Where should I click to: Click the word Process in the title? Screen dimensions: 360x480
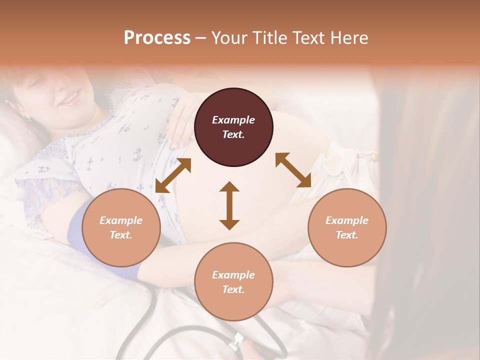tap(157, 38)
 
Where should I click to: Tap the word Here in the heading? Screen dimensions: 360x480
tap(348, 38)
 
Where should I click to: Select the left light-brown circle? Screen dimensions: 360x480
tap(121, 245)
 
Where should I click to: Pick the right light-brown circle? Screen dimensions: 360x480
tap(347, 245)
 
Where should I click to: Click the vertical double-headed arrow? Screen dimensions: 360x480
tap(229, 205)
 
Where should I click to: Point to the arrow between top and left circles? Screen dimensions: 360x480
tap(173, 175)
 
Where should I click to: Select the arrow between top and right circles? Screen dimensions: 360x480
tap(293, 170)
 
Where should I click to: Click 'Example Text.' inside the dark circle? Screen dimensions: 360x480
tap(233, 127)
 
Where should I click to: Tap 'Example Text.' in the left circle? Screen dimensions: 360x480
tap(121, 227)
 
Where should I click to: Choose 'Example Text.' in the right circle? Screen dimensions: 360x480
tap(347, 227)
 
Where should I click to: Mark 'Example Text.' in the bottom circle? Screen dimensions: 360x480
tap(233, 282)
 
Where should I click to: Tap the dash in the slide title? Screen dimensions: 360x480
tap(200, 38)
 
